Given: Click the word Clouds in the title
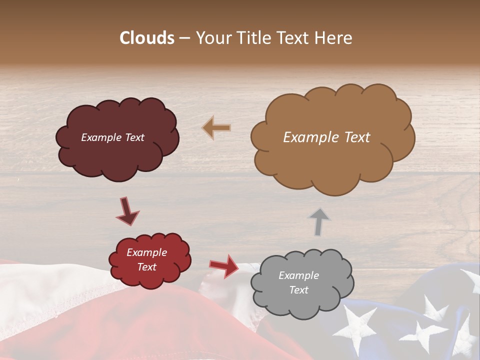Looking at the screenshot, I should click(x=147, y=38).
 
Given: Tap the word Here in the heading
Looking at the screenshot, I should click(x=334, y=38).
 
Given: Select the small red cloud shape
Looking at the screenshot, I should click(x=150, y=280).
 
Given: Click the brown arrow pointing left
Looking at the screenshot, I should click(x=216, y=128).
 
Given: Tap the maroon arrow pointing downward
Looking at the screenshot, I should click(x=127, y=210).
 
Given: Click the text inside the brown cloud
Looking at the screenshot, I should click(x=326, y=137).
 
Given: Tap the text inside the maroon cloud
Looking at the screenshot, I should click(x=112, y=137).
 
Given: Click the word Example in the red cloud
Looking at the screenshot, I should click(x=146, y=252).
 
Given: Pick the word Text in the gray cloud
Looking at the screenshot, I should click(x=298, y=290).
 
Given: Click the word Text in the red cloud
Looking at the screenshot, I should click(x=146, y=267).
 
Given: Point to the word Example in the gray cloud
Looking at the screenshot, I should click(x=298, y=275).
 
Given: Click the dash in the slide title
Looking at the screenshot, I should click(x=184, y=38).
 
